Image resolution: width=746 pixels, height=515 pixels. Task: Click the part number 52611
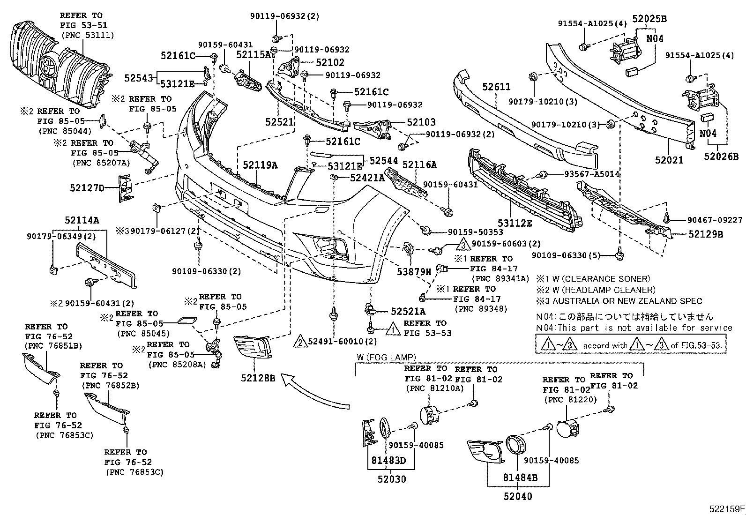[x=497, y=87]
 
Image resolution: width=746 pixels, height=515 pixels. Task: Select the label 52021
[x=669, y=160]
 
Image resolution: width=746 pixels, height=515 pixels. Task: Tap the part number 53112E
[x=515, y=224]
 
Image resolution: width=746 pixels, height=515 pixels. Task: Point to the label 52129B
[x=706, y=234]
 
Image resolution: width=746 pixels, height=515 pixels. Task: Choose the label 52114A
[x=82, y=220]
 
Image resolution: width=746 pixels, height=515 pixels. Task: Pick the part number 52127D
[x=87, y=188]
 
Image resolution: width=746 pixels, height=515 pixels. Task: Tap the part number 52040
[x=518, y=496]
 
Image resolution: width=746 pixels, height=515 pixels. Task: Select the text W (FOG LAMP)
[x=386, y=358]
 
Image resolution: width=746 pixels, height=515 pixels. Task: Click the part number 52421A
[x=367, y=178]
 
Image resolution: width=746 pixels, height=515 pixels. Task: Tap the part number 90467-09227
[x=715, y=220]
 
